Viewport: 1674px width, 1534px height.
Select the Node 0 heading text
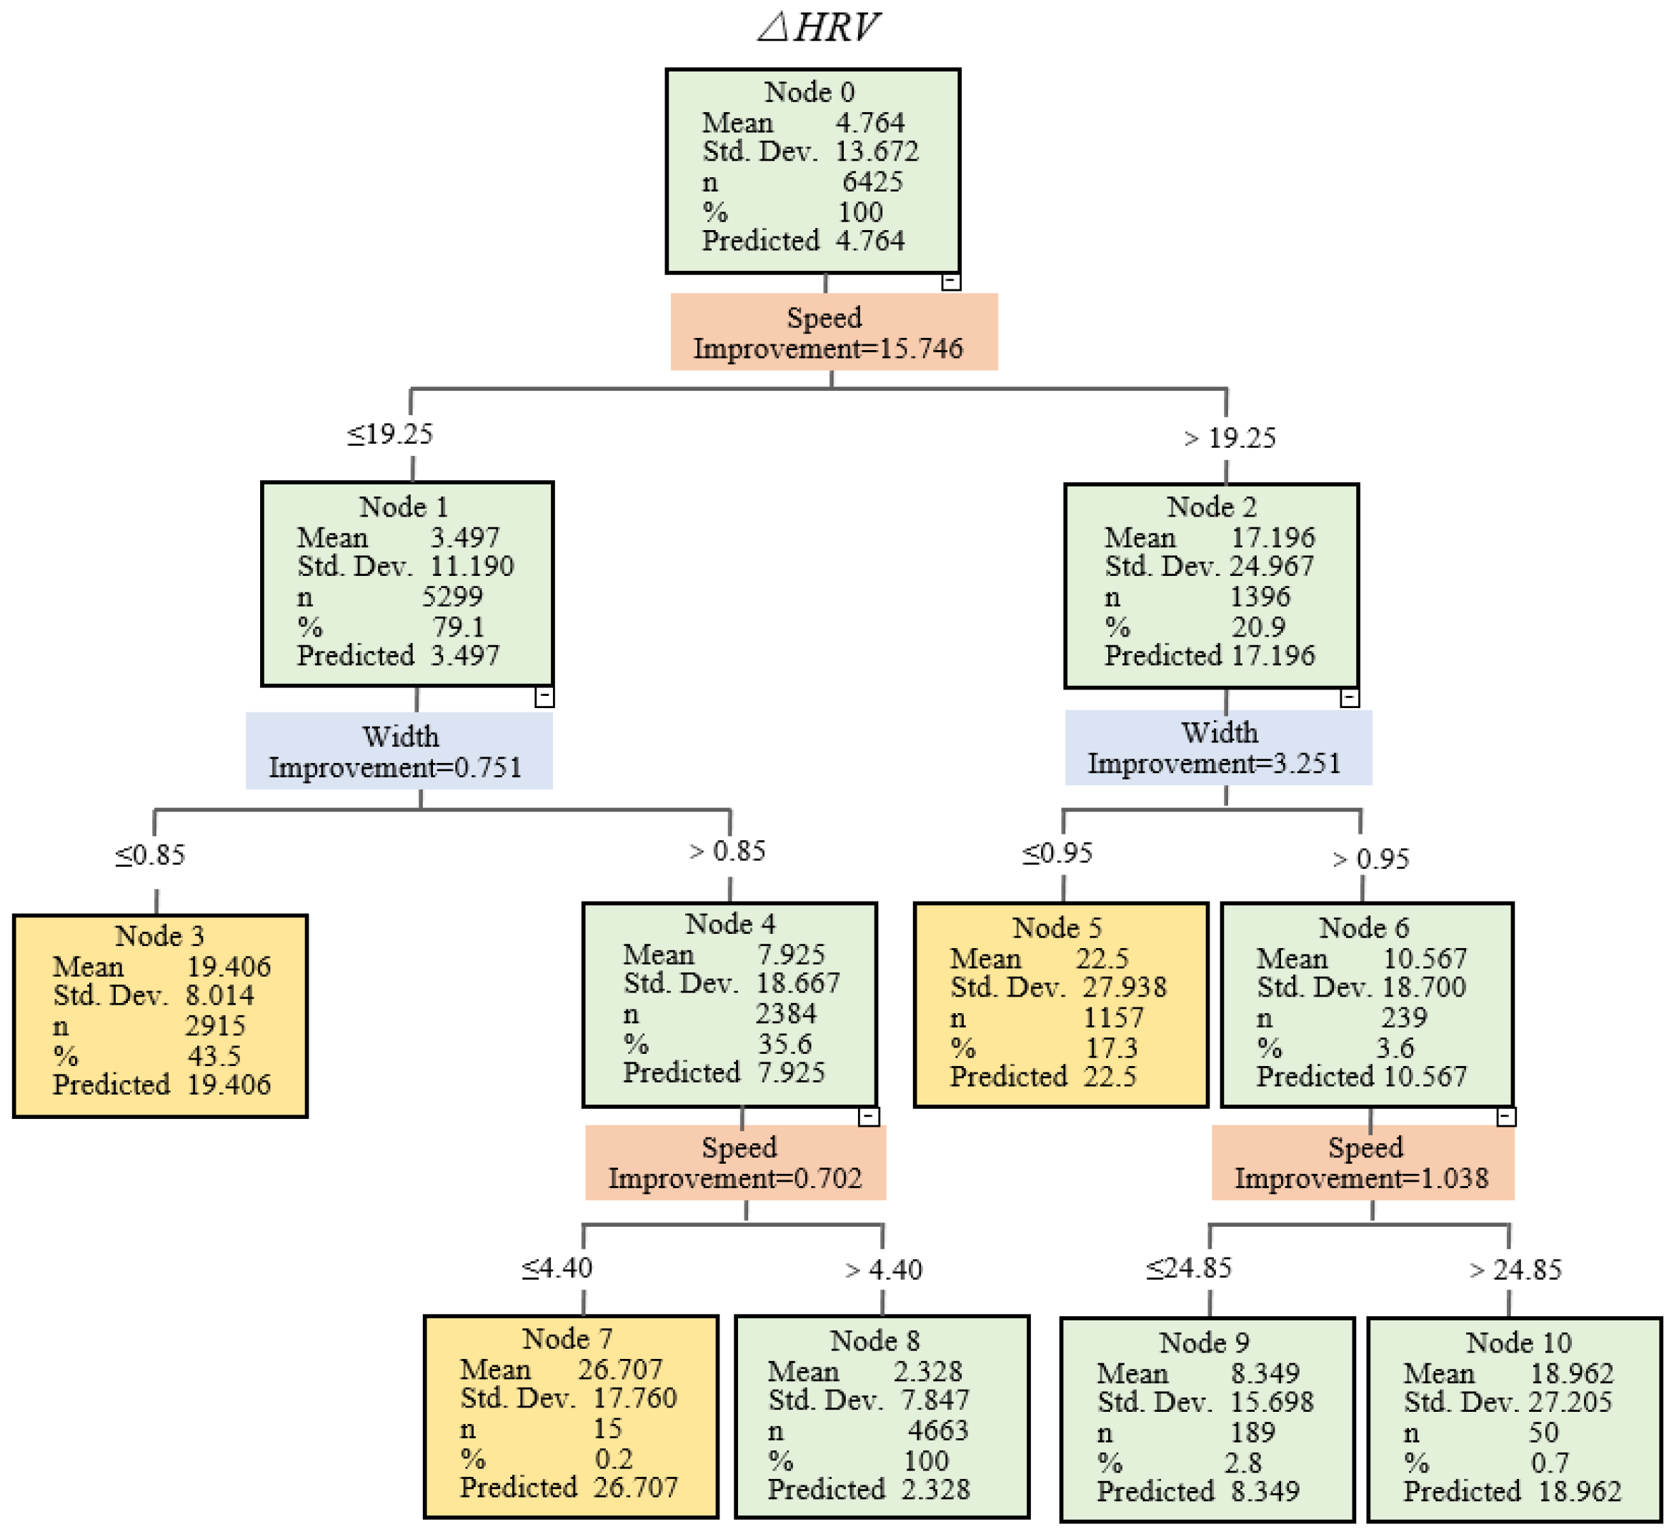[x=809, y=91]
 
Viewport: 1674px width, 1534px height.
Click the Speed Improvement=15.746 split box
[x=833, y=332]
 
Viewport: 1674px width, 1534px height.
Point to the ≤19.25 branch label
[x=389, y=434]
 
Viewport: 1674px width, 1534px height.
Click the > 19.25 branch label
[x=1230, y=438]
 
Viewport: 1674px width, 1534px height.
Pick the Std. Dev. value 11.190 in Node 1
[x=471, y=567]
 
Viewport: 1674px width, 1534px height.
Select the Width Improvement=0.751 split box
[x=399, y=751]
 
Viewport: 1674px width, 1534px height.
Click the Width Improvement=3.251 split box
[x=1217, y=747]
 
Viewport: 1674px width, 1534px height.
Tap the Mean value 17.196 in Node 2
[x=1272, y=537]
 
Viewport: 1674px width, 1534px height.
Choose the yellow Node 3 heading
[x=159, y=936]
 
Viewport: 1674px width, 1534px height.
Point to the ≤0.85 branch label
[x=150, y=855]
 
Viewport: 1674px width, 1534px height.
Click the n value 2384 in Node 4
[x=785, y=1013]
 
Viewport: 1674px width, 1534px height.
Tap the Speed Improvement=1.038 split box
[x=1362, y=1162]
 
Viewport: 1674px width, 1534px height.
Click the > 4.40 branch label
[x=884, y=1270]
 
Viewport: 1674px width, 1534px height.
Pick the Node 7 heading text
[x=567, y=1339]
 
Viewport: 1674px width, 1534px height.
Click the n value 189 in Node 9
[x=1252, y=1432]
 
